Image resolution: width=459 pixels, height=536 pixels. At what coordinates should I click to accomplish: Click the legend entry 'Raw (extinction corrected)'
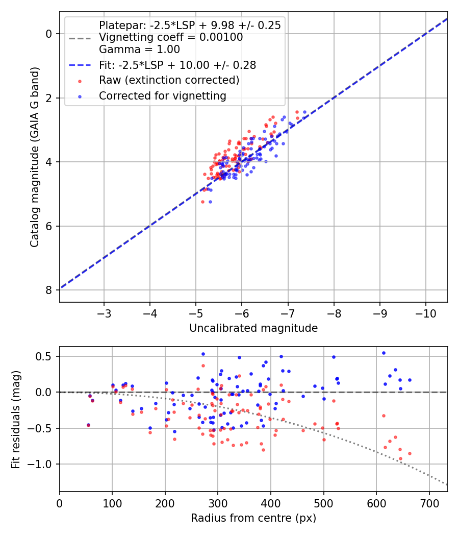pyautogui.click(x=169, y=80)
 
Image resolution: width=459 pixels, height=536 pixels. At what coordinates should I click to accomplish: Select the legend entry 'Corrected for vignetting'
pyautogui.click(x=163, y=96)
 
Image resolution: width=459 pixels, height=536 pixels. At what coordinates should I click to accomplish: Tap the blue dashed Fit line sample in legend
pyautogui.click(x=80, y=65)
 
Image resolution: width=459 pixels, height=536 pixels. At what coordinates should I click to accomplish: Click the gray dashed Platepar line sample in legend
pyautogui.click(x=80, y=38)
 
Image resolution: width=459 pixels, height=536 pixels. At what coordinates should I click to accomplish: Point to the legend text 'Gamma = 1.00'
pyautogui.click(x=139, y=49)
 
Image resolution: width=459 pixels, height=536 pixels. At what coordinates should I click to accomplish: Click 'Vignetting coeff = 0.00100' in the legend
pyautogui.click(x=171, y=37)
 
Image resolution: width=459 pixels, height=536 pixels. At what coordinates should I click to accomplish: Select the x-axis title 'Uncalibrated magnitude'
pyautogui.click(x=253, y=328)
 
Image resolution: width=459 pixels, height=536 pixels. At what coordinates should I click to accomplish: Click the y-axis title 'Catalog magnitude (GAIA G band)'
pyautogui.click(x=35, y=157)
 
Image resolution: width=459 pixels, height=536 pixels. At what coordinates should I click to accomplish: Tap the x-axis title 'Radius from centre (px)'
pyautogui.click(x=253, y=518)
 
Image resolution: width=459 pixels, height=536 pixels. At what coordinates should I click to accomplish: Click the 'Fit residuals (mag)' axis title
pyautogui.click(x=16, y=419)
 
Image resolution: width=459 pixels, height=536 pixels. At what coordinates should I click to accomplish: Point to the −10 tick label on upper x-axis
pyautogui.click(x=425, y=313)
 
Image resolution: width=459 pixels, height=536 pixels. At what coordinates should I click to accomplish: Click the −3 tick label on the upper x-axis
pyautogui.click(x=104, y=313)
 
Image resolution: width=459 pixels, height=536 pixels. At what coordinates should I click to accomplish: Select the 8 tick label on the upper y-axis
pyautogui.click(x=49, y=290)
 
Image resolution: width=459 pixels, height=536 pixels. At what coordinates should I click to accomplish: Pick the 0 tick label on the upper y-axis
pyautogui.click(x=49, y=34)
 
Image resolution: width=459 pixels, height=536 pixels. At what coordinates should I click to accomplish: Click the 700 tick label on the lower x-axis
pyautogui.click(x=429, y=503)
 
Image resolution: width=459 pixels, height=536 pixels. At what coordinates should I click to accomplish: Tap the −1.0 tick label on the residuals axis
pyautogui.click(x=40, y=464)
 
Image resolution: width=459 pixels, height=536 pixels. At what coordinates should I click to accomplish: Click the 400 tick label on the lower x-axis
pyautogui.click(x=270, y=503)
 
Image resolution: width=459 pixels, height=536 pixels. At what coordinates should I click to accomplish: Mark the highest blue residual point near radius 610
pyautogui.click(x=384, y=353)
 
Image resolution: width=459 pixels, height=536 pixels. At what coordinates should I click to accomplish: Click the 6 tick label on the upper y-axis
pyautogui.click(x=49, y=226)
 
